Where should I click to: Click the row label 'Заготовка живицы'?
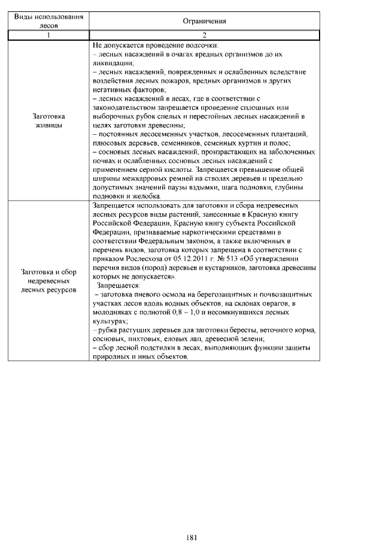(48, 120)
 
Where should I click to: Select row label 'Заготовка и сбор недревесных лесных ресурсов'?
(48, 280)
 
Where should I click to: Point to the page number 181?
(191, 520)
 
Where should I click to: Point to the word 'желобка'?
(142, 196)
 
